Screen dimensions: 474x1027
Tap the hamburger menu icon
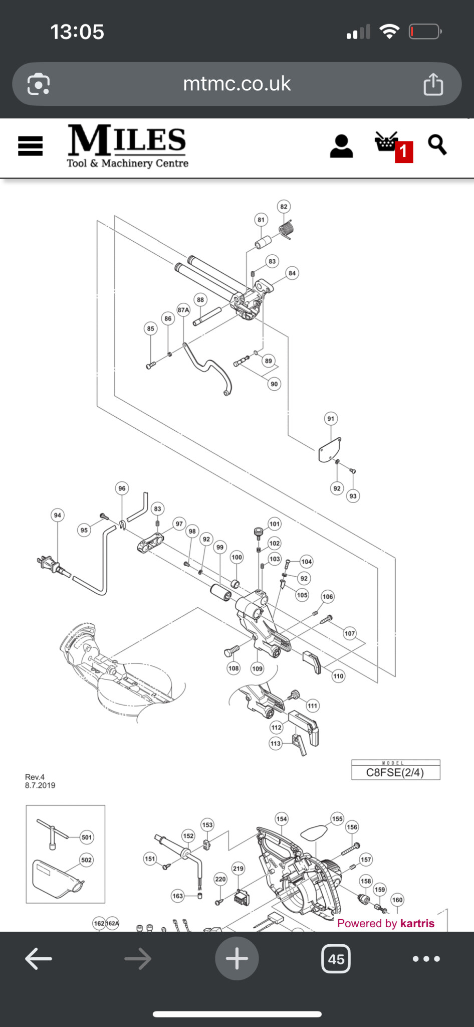point(30,146)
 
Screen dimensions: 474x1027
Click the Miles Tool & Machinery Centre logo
point(128,146)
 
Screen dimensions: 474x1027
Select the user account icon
point(341,146)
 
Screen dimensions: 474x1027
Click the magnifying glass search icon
point(437,145)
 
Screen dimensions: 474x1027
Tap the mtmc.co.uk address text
point(237,84)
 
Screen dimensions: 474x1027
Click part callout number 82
point(284,207)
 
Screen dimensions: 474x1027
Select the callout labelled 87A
point(183,310)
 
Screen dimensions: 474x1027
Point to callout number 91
point(331,419)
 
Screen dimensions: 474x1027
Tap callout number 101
point(275,524)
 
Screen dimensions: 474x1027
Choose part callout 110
point(338,676)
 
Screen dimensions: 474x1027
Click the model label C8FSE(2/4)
point(395,772)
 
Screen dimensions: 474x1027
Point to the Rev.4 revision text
point(35,777)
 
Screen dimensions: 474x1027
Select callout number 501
point(87,837)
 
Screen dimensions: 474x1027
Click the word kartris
point(417,923)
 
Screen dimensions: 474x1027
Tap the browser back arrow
point(39,959)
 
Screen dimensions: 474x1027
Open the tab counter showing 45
point(336,959)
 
